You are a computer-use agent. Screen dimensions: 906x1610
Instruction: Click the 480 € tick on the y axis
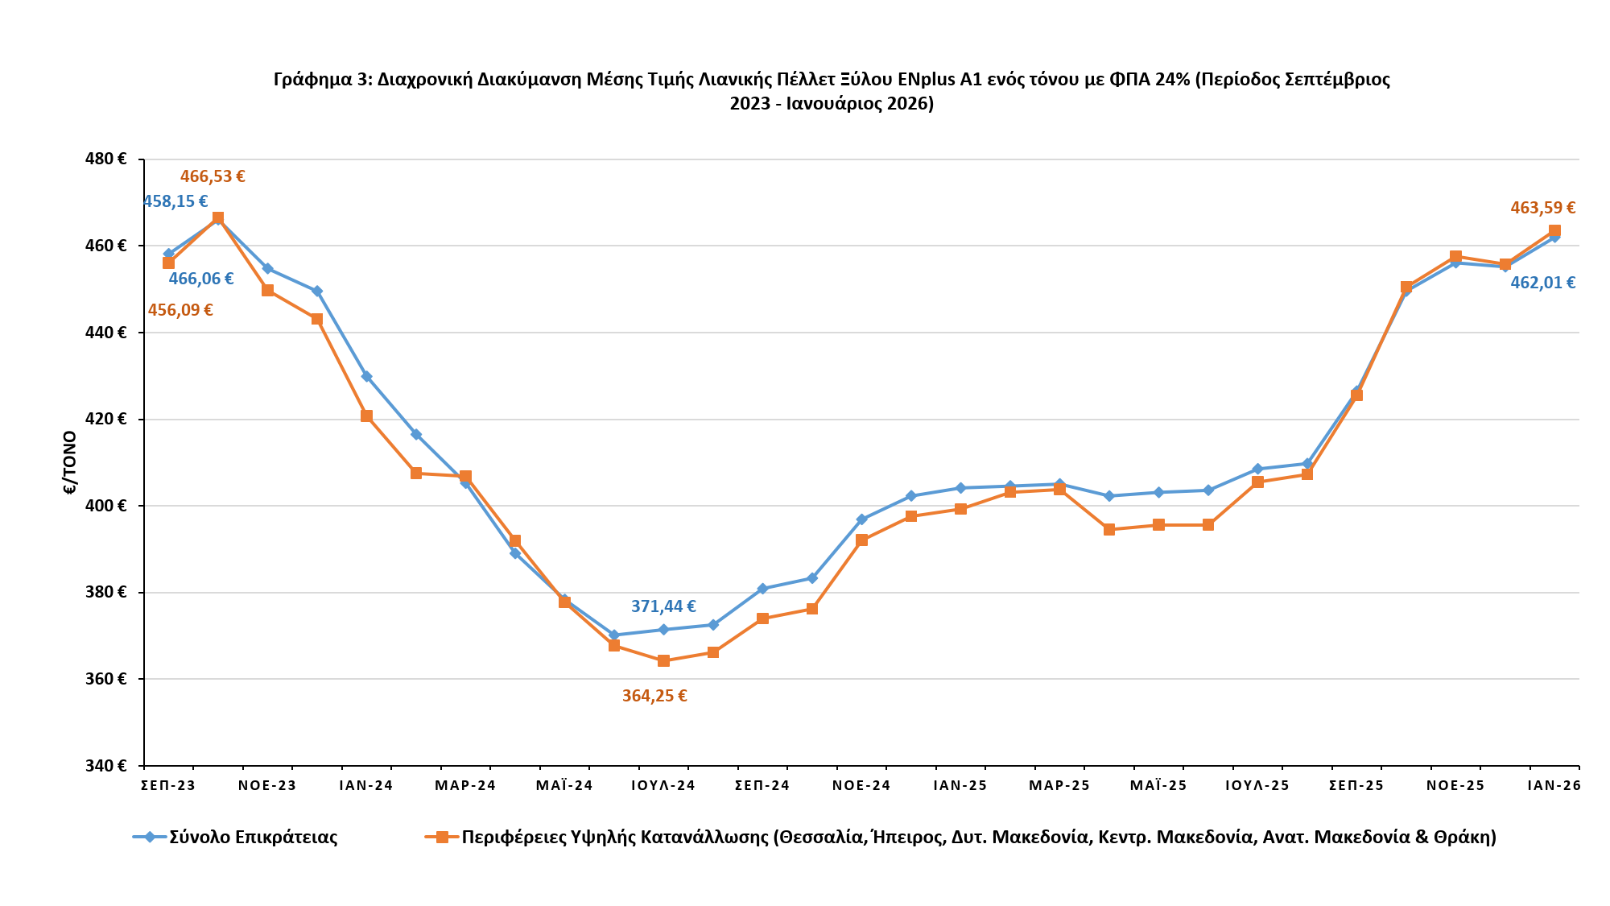pos(105,159)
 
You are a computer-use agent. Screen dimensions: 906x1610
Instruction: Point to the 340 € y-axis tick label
pos(105,766)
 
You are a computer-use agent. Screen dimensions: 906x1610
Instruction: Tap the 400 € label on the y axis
pos(105,506)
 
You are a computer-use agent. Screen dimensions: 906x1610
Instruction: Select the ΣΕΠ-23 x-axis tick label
pos(168,786)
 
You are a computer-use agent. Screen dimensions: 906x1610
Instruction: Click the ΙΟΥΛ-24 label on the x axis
pos(663,786)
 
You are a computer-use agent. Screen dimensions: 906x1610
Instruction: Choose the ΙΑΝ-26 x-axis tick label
pos(1554,786)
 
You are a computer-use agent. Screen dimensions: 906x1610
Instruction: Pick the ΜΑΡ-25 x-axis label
pos(1059,786)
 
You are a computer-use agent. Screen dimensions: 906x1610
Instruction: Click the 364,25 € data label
pos(654,697)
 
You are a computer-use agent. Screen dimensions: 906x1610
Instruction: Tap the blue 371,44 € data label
pos(663,607)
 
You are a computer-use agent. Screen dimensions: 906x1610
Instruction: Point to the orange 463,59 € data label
pos(1542,208)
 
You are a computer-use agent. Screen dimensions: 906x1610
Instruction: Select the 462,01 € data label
pos(1542,283)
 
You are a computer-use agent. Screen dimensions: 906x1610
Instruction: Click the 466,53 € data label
pos(213,176)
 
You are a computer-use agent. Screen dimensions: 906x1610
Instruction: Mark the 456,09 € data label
pos(180,310)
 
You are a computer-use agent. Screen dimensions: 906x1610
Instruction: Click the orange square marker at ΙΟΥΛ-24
pos(663,660)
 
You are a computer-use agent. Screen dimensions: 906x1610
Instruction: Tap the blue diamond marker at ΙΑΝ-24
pos(366,376)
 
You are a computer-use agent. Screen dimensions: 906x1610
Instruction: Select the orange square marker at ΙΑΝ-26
pos(1554,231)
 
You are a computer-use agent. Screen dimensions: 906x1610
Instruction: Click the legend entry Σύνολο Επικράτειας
pos(253,838)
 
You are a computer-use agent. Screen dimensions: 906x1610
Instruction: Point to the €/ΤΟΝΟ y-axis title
pos(70,462)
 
